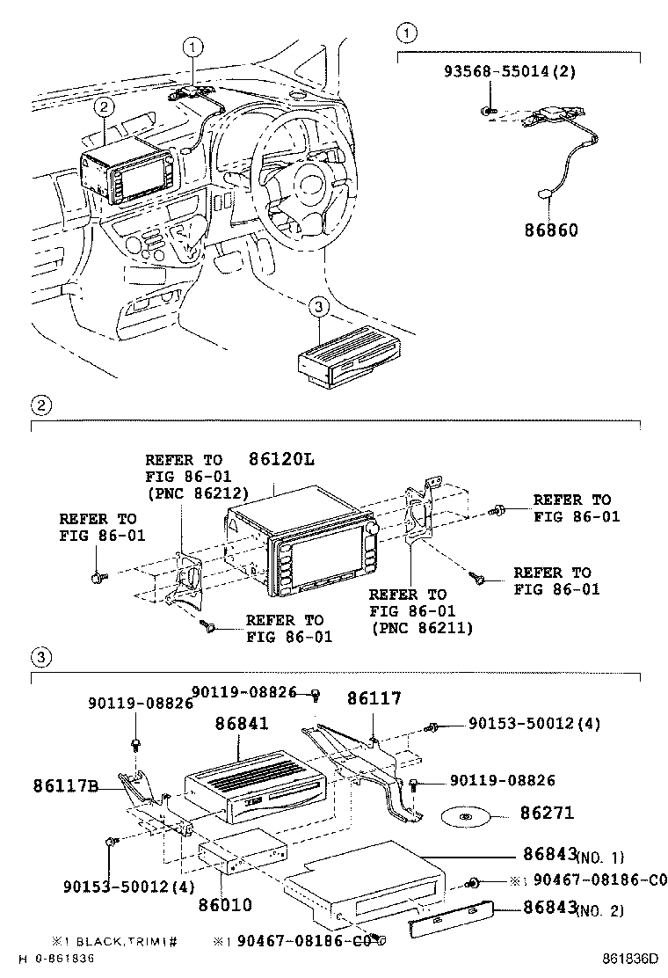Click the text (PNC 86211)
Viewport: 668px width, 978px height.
[x=421, y=627]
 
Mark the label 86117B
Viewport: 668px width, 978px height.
[x=66, y=785]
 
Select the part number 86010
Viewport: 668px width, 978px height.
[x=225, y=903]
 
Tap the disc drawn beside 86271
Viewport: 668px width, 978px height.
[x=465, y=817]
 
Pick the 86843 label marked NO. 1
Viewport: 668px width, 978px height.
[x=548, y=854]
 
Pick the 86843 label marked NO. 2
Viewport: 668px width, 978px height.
[x=548, y=908]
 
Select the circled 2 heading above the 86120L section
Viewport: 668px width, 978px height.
[x=39, y=405]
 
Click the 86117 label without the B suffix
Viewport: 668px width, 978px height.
[x=373, y=699]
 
